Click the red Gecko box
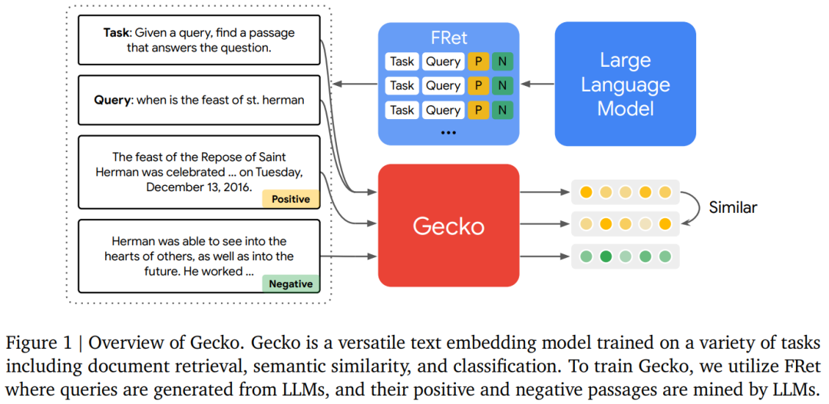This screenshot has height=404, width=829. [x=448, y=226]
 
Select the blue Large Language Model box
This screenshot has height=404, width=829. [x=625, y=84]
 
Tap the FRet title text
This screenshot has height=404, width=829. [x=448, y=38]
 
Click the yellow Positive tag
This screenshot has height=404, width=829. [x=290, y=199]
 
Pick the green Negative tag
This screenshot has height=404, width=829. [x=290, y=283]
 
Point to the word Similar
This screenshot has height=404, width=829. [x=732, y=207]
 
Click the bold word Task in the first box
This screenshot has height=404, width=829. [x=116, y=33]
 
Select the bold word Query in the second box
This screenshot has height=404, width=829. [x=112, y=100]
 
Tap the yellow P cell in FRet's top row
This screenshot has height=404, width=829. [x=478, y=61]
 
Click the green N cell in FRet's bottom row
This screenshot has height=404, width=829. [x=502, y=110]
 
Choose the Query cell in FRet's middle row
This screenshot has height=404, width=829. [x=443, y=85]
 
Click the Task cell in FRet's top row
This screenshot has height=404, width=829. [x=401, y=61]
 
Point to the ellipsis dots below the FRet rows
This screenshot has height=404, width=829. [x=448, y=132]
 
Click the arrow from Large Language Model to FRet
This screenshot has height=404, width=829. [x=537, y=84]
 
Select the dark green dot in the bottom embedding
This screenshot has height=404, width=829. [x=605, y=256]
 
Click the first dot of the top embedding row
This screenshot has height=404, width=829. [x=586, y=192]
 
